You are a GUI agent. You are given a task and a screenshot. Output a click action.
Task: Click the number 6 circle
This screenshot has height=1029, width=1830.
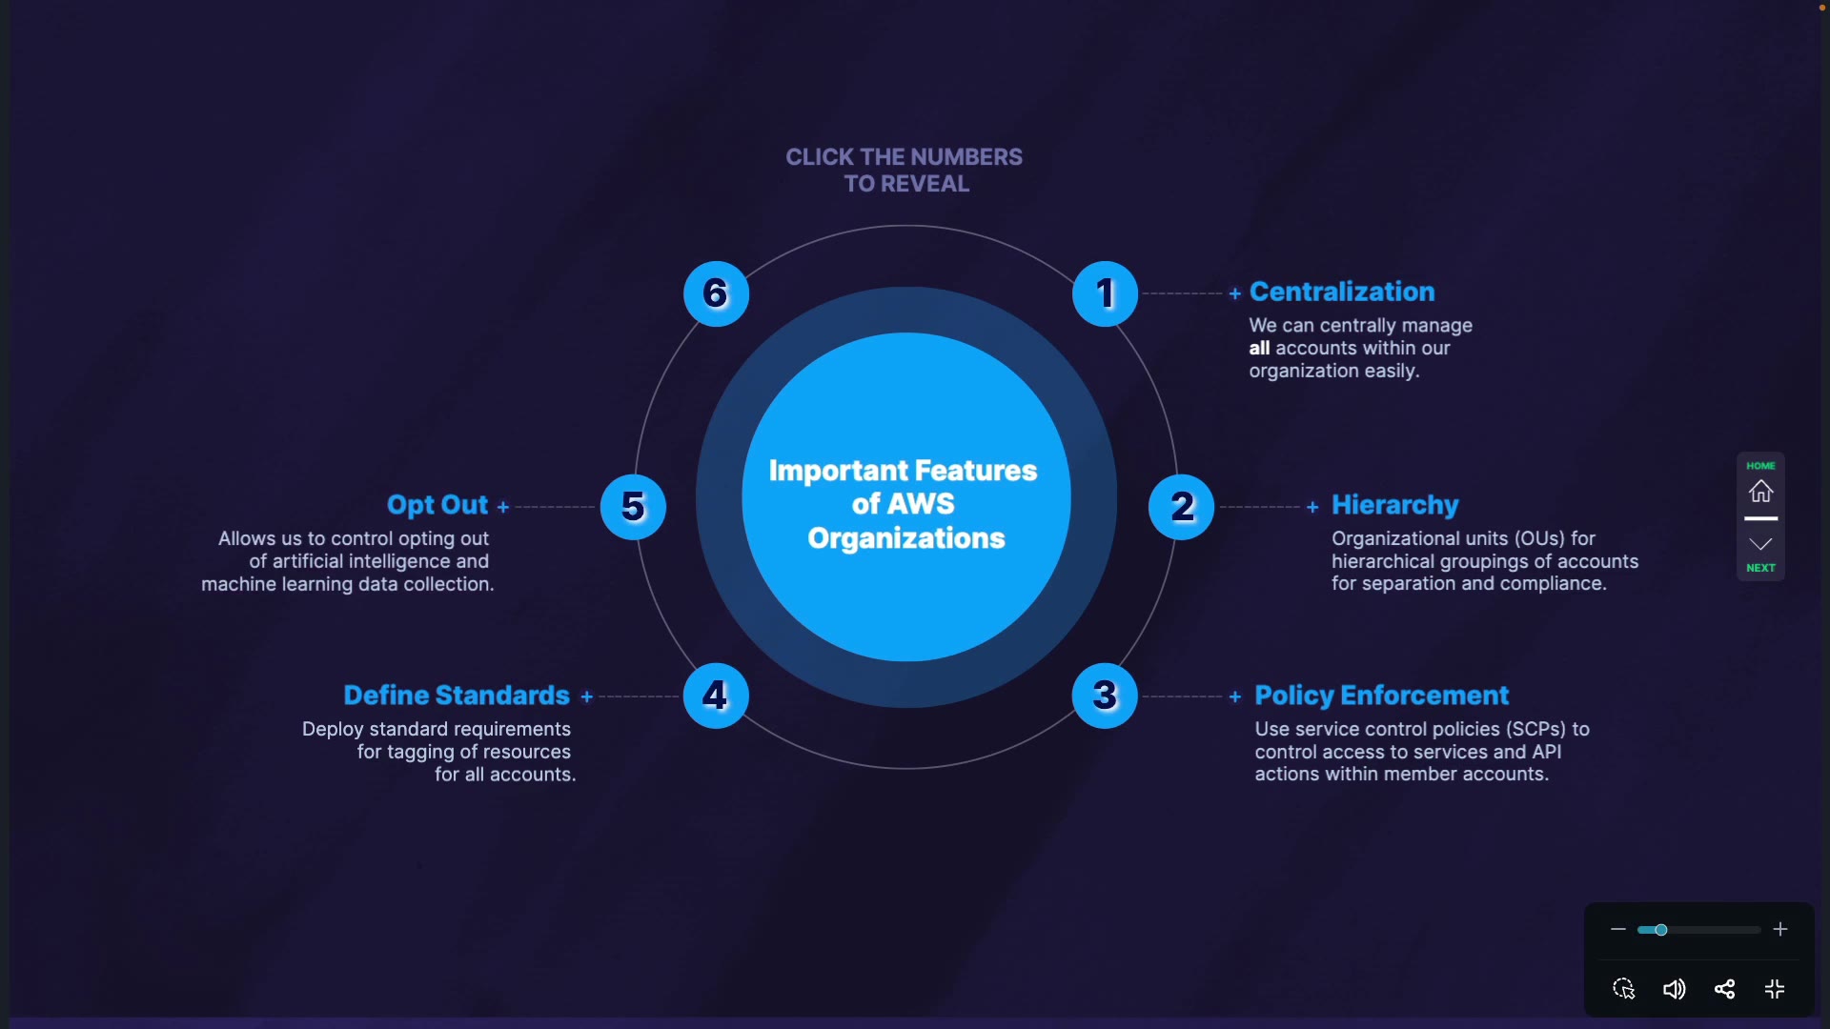716,293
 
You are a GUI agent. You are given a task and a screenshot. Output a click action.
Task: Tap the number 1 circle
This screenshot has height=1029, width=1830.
1105,293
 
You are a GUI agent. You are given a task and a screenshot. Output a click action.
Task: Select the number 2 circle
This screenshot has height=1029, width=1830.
1182,507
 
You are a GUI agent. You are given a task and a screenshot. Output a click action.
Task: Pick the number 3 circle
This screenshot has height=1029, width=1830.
1105,696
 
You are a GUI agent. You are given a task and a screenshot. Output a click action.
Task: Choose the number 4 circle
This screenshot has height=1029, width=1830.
716,696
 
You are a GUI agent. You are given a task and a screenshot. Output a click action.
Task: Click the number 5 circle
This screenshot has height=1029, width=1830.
633,507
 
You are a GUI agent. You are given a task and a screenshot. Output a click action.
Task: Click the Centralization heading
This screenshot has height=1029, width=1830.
1342,292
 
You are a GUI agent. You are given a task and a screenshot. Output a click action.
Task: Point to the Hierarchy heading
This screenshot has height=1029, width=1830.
1394,505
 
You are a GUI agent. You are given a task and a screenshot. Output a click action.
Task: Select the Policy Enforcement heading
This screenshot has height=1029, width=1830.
1381,696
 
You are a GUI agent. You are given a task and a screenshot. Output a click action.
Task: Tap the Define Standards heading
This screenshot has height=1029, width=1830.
457,696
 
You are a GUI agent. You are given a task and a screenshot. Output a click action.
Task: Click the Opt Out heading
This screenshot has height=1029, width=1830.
437,505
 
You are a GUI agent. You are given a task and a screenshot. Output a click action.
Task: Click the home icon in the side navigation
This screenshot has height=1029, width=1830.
1760,492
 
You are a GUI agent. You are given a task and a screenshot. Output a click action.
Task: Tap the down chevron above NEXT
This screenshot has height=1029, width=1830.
1760,544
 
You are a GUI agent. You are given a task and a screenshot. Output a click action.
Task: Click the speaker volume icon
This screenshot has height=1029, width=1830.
1674,989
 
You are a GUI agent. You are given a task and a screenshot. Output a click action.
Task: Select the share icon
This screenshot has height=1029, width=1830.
1724,989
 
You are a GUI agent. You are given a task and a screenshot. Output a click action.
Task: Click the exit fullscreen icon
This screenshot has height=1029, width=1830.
1775,989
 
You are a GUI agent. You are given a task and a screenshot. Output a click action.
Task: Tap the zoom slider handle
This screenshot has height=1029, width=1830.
1660,930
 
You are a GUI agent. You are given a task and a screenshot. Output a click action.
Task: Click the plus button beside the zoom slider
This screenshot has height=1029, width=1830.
1780,930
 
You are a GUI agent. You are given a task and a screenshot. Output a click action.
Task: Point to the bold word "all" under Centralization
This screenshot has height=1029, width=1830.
1259,349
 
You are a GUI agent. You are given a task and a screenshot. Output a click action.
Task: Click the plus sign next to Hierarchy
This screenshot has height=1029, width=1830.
1312,507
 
